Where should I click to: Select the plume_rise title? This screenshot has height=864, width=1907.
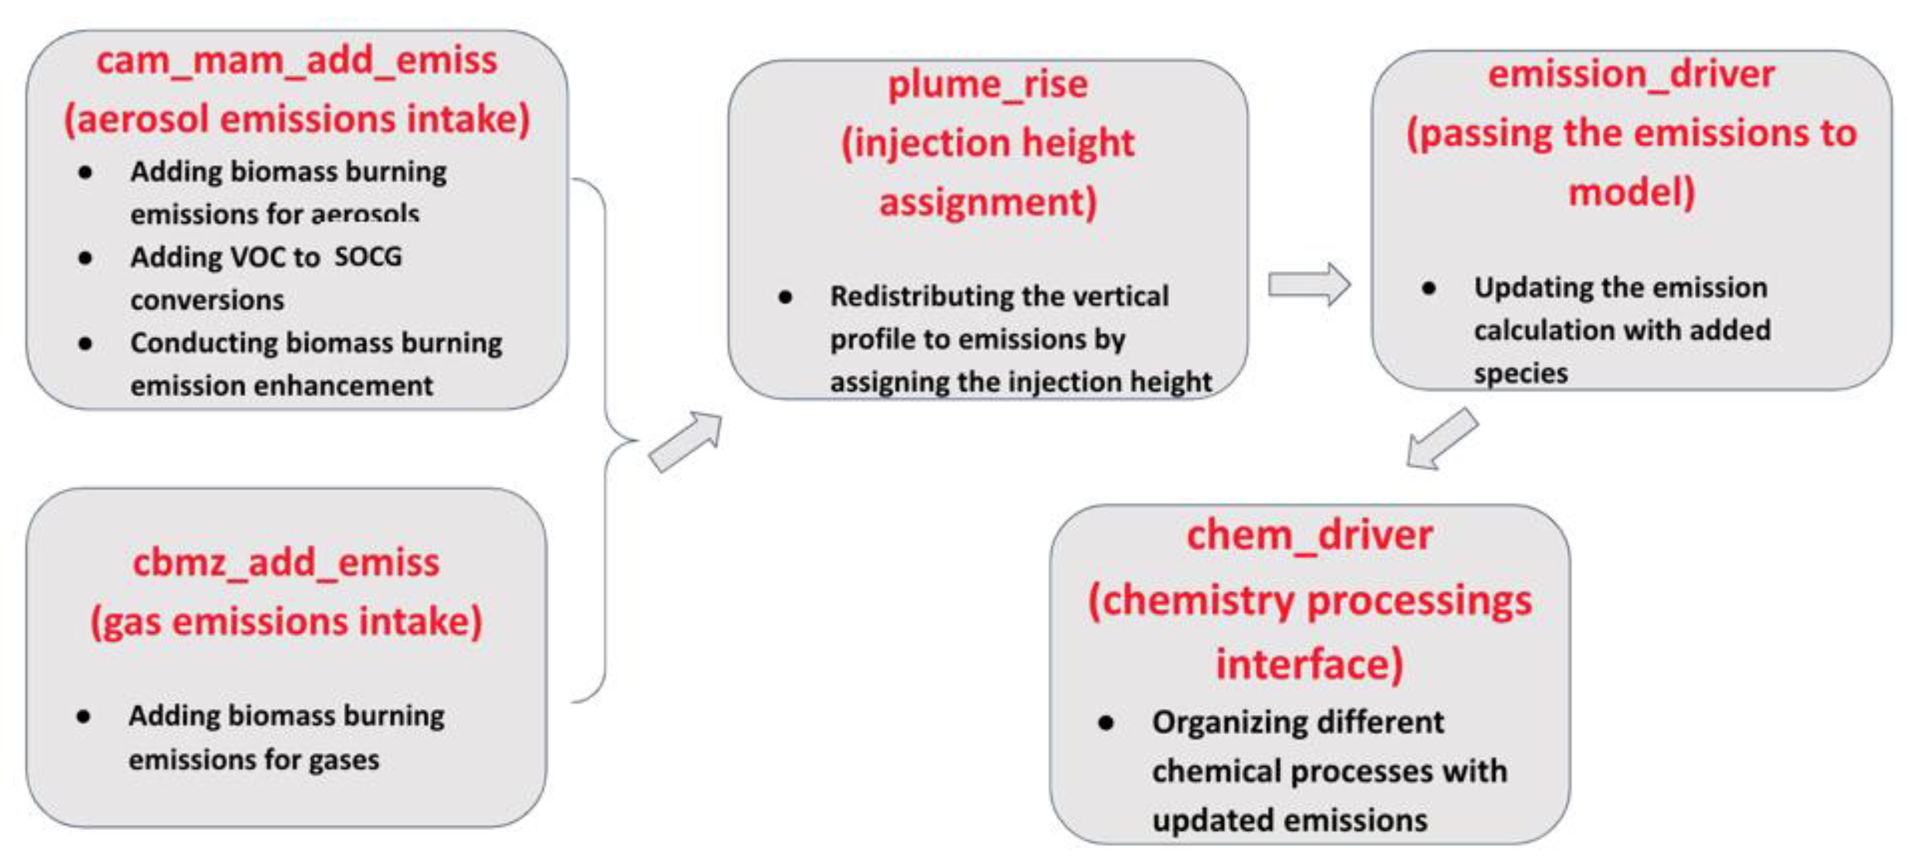point(988,84)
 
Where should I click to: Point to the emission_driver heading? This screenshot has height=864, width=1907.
point(1631,74)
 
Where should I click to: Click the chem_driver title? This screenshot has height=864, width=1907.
point(1309,534)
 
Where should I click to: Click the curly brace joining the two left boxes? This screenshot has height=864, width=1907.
point(606,440)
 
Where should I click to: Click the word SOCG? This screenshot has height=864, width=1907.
point(368,257)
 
